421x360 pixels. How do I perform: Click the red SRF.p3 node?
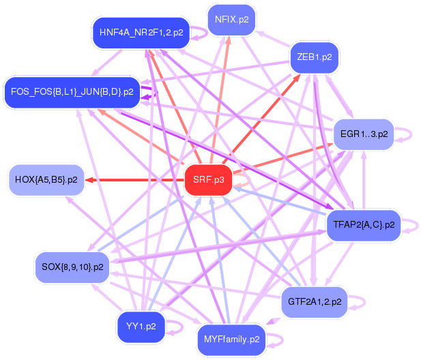coord(208,180)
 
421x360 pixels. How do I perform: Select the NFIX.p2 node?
coord(231,19)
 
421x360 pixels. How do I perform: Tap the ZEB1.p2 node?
coord(315,57)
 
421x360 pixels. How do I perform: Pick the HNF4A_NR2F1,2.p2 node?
coord(141,32)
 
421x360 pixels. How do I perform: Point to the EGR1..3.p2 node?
coord(364,134)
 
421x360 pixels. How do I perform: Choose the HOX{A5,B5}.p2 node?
coord(46,180)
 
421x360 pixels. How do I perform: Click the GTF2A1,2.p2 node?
coord(315,301)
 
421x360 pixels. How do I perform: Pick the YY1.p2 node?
coord(141,326)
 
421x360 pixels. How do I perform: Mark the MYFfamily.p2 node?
coord(231,338)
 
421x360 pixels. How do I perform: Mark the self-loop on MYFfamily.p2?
coord(278,339)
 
